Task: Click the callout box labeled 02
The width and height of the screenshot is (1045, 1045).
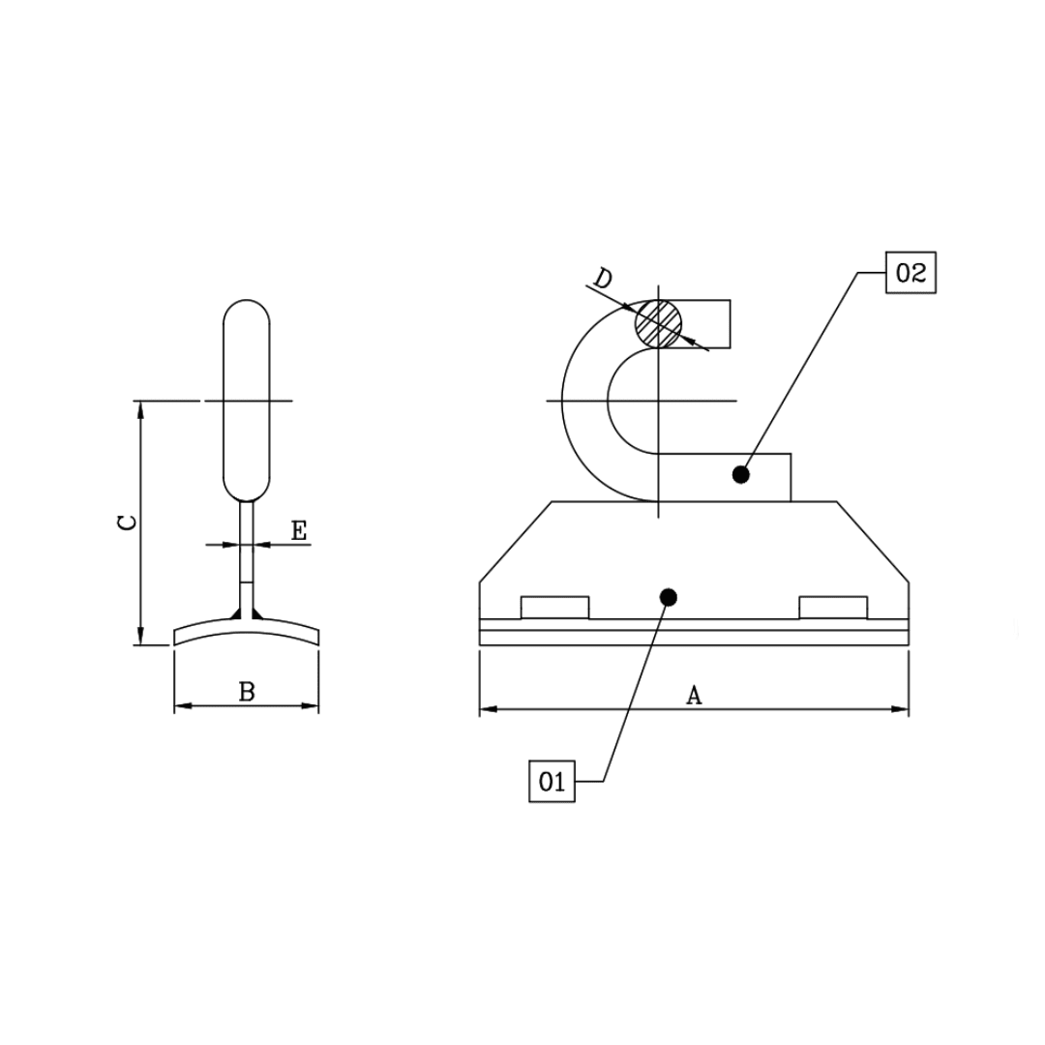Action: pos(911,273)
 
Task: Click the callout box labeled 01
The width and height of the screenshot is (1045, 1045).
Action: pos(552,781)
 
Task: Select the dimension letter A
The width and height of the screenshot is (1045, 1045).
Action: pos(694,695)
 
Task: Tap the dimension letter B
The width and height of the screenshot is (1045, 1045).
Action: pos(247,692)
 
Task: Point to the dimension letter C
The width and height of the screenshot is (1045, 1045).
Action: pos(126,522)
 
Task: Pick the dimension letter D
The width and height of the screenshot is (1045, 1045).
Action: pos(603,279)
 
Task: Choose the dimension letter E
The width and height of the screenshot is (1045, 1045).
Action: pos(299,530)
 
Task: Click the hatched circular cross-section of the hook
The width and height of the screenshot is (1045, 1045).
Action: pos(659,322)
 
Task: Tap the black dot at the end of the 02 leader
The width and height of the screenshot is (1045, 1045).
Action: pos(741,474)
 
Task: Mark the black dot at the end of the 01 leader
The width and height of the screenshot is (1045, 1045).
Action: pos(667,597)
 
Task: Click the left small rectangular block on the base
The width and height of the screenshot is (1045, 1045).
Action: pos(554,608)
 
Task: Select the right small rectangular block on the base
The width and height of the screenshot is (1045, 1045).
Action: pos(833,608)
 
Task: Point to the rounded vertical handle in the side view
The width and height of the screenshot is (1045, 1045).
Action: pos(247,400)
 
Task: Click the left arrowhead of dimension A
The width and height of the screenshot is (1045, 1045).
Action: pos(487,709)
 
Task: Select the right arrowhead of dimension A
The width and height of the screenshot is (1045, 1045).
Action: pos(902,709)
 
